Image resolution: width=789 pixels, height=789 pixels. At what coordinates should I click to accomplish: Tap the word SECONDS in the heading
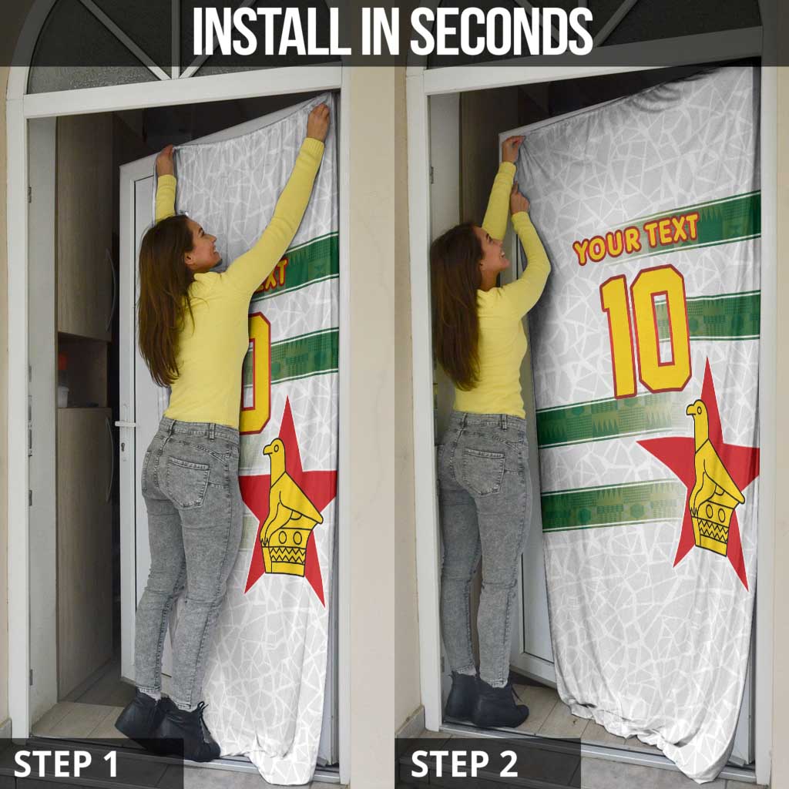point(502,31)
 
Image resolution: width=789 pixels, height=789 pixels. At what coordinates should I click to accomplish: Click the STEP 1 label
point(65,764)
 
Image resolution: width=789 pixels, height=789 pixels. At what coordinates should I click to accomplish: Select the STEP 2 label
point(464,764)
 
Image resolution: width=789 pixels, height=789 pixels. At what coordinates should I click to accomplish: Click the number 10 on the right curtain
point(646,331)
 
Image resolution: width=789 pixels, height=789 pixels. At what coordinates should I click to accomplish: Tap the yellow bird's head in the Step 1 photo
point(274,449)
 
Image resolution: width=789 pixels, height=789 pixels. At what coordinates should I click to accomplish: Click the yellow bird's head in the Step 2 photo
point(697,410)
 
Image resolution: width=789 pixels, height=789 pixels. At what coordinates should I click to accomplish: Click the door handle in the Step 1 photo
point(124,425)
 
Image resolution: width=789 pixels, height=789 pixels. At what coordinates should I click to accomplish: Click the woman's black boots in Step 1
point(169,724)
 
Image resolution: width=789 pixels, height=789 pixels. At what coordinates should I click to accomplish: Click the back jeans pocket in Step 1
point(188,481)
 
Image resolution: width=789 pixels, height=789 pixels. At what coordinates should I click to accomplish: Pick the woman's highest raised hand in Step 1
point(318,121)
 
